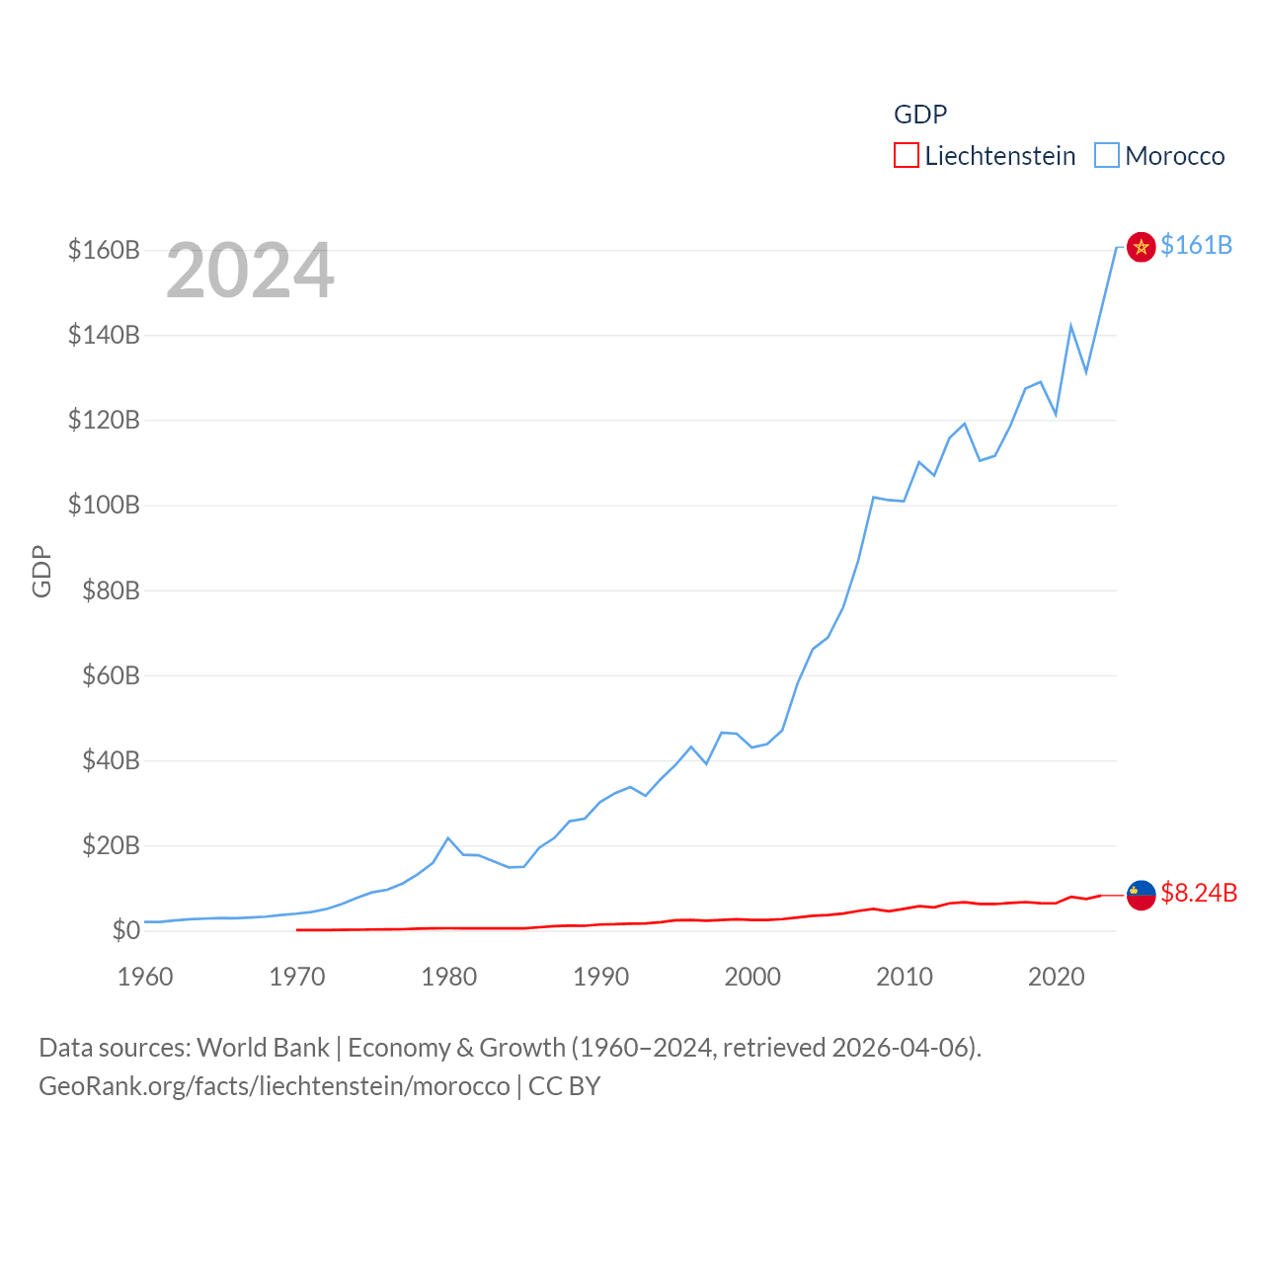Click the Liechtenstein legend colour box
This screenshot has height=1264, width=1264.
[906, 156]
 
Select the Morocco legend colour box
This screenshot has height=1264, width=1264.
[1107, 156]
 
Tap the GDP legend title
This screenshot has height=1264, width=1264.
[919, 115]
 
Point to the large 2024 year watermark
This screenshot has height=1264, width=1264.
[250, 271]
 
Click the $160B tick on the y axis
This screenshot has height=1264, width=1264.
[104, 250]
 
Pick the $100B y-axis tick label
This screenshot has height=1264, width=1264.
[104, 506]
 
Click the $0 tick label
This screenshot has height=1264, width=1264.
[125, 930]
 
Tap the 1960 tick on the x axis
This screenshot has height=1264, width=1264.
[145, 977]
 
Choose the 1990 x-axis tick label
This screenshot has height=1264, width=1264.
[600, 977]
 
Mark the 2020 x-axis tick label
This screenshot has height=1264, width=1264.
[1057, 977]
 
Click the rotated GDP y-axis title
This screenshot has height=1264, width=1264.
[41, 571]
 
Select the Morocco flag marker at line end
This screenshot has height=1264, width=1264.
[1141, 247]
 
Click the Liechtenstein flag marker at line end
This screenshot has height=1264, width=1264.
[1141, 895]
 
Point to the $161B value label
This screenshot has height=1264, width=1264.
[1196, 245]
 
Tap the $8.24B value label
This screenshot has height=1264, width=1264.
[1198, 893]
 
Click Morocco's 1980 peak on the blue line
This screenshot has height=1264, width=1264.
[448, 838]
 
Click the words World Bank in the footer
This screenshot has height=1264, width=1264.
[263, 1048]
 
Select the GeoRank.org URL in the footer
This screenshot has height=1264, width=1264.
[275, 1086]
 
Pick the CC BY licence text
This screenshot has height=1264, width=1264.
[564, 1086]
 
